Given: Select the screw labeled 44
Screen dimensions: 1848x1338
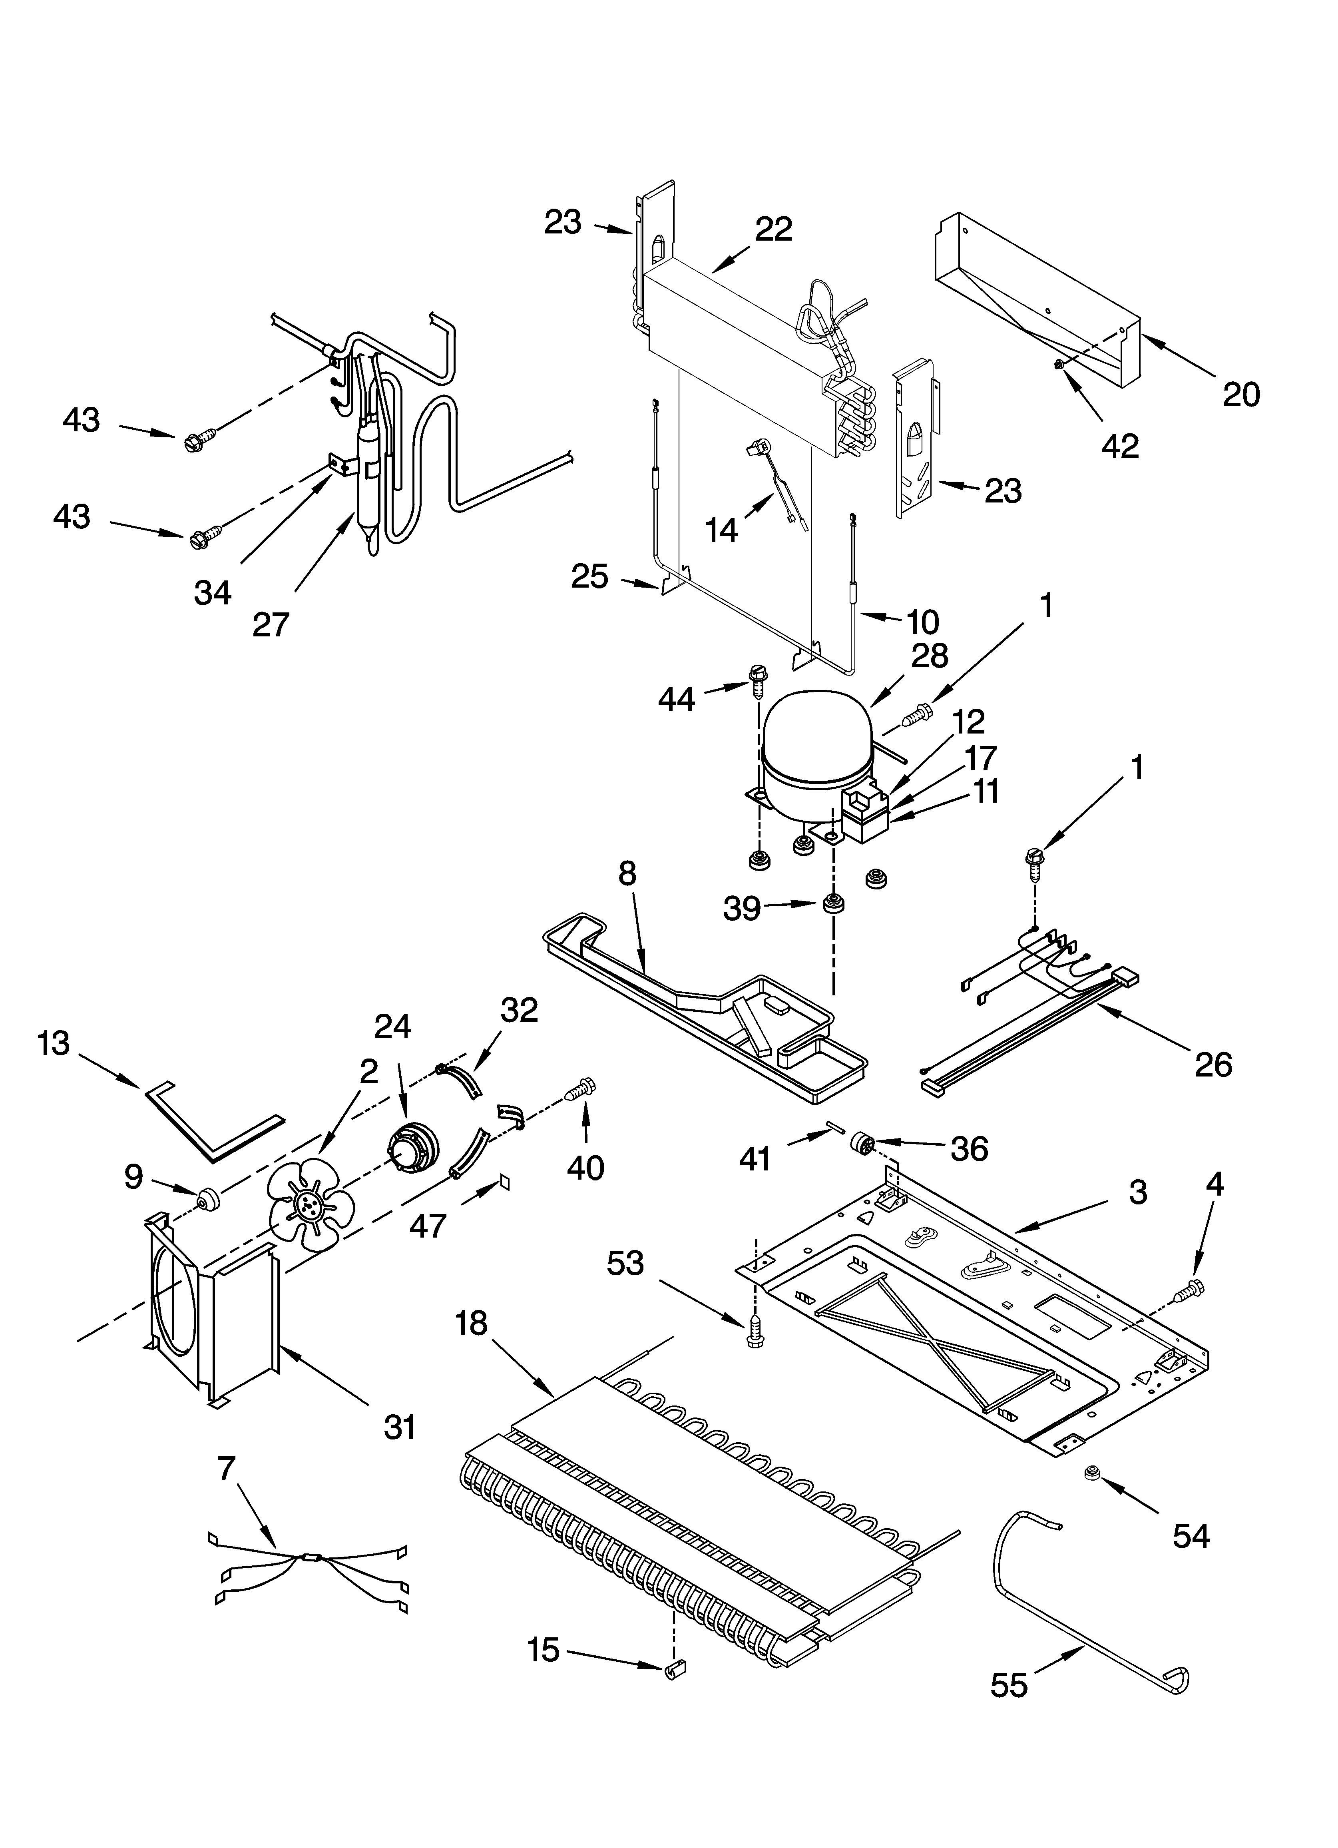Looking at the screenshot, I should pos(756,680).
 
